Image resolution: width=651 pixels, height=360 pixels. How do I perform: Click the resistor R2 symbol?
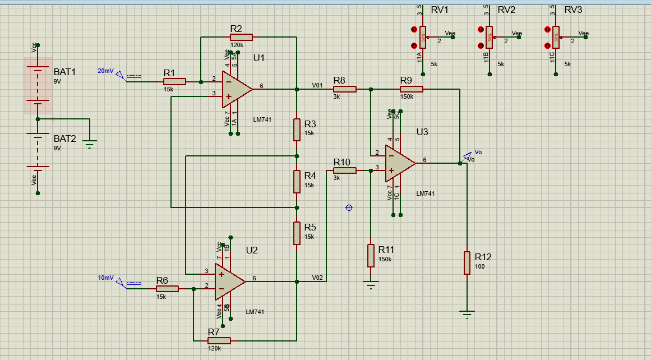(241, 37)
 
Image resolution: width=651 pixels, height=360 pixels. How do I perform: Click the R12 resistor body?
(467, 263)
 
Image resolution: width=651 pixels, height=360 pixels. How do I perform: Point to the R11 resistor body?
(370, 255)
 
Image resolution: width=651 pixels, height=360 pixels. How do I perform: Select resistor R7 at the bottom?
(219, 340)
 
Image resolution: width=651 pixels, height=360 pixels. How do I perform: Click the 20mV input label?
(105, 71)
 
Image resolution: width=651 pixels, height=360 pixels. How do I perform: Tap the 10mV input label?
(105, 278)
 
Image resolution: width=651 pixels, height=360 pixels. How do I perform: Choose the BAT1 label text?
(64, 72)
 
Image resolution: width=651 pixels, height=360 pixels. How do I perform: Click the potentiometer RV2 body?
(490, 37)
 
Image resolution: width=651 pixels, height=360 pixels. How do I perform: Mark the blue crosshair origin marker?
(349, 208)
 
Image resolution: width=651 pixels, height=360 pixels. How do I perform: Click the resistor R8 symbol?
(344, 89)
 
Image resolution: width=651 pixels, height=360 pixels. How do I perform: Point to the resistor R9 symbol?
(411, 89)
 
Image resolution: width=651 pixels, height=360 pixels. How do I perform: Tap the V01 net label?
(317, 85)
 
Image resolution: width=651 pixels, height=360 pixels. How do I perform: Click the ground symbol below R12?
(467, 314)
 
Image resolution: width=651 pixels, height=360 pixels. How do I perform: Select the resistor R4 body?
(297, 181)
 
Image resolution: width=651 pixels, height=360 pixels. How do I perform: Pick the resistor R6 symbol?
(167, 289)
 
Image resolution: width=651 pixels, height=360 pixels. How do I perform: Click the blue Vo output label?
(478, 152)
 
